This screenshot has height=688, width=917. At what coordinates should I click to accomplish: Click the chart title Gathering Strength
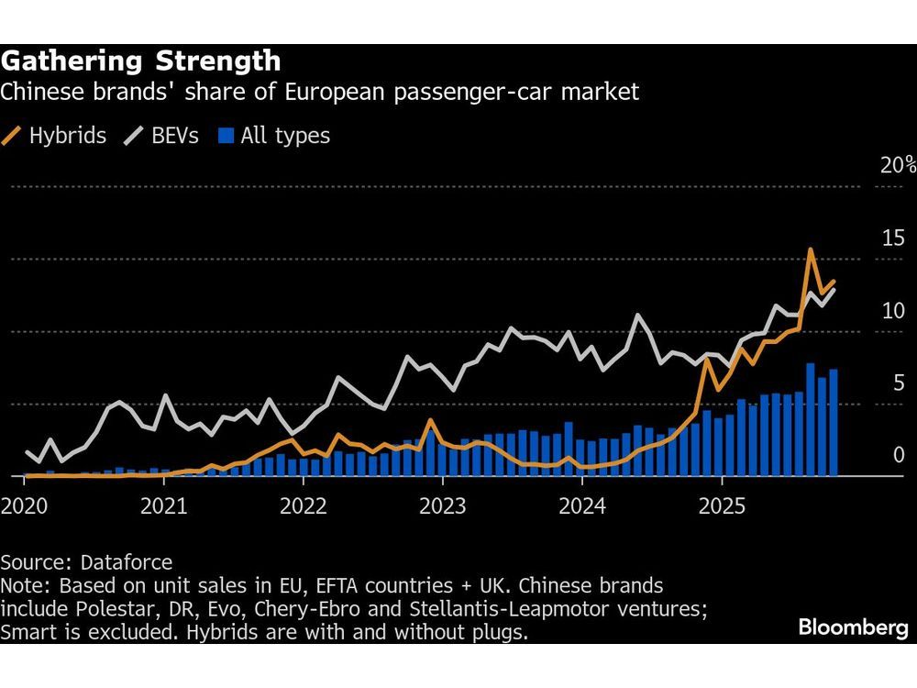pos(140,61)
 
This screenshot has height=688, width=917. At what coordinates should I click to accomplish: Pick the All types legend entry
pos(273,137)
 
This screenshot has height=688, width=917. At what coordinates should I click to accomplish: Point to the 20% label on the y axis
pos(898,166)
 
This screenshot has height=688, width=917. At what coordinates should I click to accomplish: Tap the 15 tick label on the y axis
pos(893,239)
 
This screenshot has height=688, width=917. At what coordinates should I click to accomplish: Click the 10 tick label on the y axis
pos(893,311)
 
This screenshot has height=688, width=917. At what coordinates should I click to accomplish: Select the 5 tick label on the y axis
pos(899,383)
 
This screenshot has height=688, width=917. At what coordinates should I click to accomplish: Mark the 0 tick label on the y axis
pos(899,456)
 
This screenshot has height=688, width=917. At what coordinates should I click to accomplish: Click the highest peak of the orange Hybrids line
pos(811,250)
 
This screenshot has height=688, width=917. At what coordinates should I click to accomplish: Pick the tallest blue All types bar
pos(811,419)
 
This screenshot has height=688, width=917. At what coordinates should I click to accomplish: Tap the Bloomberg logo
pos(853,629)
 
